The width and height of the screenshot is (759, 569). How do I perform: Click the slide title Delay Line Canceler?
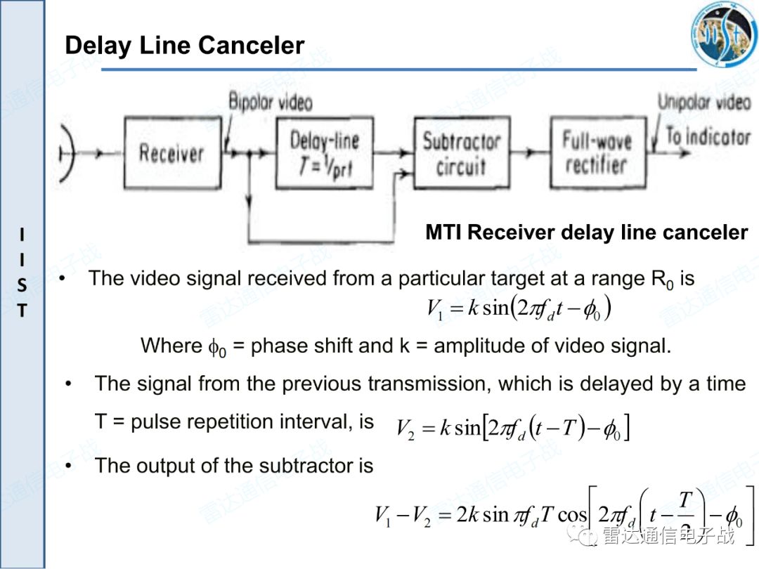click(184, 46)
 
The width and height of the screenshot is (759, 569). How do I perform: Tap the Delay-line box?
click(325, 153)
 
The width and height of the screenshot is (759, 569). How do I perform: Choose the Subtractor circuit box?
click(461, 153)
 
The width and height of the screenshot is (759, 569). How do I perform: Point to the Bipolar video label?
click(271, 102)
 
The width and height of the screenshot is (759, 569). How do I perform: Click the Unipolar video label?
click(704, 103)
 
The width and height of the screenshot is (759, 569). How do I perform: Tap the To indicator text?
click(707, 136)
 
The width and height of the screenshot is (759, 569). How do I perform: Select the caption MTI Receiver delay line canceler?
click(586, 233)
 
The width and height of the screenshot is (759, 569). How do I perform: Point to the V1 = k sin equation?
click(519, 308)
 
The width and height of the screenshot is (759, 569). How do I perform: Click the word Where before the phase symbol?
click(171, 346)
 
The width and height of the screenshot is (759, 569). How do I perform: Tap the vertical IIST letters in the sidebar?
click(22, 273)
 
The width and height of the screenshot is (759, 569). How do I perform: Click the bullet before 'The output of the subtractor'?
click(69, 466)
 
